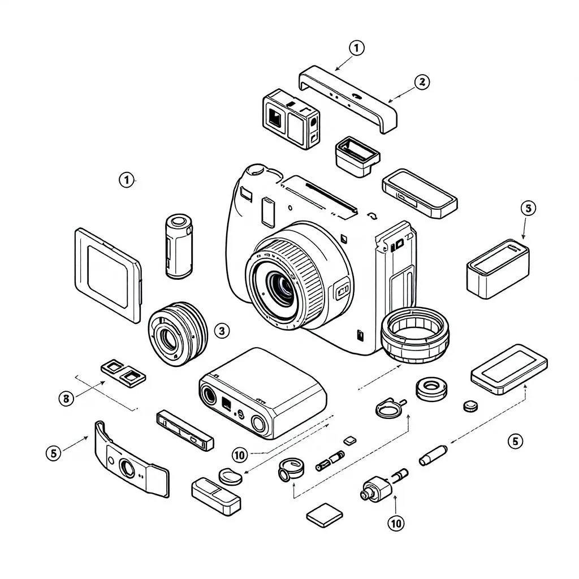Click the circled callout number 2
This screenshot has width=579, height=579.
pos(421,82)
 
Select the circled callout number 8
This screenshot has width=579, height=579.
pos(66,398)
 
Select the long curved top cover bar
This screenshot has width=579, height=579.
pos(348,98)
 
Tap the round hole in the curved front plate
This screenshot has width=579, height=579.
pos(127,467)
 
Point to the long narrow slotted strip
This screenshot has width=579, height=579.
pos(184,429)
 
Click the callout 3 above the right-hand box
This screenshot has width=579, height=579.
pos(527,209)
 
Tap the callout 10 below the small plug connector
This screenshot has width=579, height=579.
pos(396,524)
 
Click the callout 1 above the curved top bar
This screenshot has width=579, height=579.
pos(356,48)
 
